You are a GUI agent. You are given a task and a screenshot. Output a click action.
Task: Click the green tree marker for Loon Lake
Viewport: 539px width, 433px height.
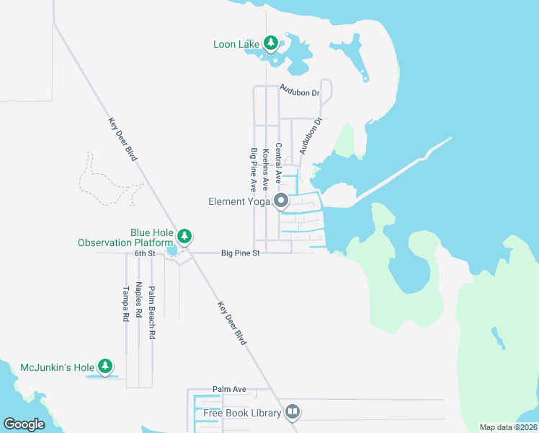(x=271, y=44)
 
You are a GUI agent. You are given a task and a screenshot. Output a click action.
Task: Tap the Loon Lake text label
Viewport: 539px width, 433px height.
(x=236, y=45)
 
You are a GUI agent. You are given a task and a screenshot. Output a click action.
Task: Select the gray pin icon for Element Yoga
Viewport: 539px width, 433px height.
(x=281, y=201)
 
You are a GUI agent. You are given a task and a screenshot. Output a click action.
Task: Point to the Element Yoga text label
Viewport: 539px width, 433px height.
(x=238, y=202)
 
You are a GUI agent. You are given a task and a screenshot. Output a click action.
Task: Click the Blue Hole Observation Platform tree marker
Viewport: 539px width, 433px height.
(x=184, y=236)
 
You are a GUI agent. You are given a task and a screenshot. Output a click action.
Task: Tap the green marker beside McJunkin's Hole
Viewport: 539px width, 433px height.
(x=105, y=367)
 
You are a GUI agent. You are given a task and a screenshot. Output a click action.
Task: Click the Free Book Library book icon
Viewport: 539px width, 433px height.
(x=293, y=412)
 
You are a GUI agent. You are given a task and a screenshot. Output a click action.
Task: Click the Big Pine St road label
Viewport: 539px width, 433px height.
(x=240, y=253)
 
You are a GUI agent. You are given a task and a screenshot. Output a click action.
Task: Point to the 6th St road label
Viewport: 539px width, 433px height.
(x=145, y=254)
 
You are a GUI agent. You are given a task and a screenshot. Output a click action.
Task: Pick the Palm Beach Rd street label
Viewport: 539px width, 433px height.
(x=152, y=313)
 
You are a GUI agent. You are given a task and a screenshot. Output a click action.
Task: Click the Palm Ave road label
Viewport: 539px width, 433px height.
(x=229, y=389)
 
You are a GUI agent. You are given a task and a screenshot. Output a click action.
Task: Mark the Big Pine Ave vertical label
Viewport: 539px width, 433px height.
(x=254, y=169)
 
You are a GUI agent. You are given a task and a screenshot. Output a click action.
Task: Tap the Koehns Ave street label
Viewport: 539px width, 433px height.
(x=266, y=169)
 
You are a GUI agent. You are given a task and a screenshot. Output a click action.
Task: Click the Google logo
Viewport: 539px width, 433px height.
(x=24, y=424)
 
